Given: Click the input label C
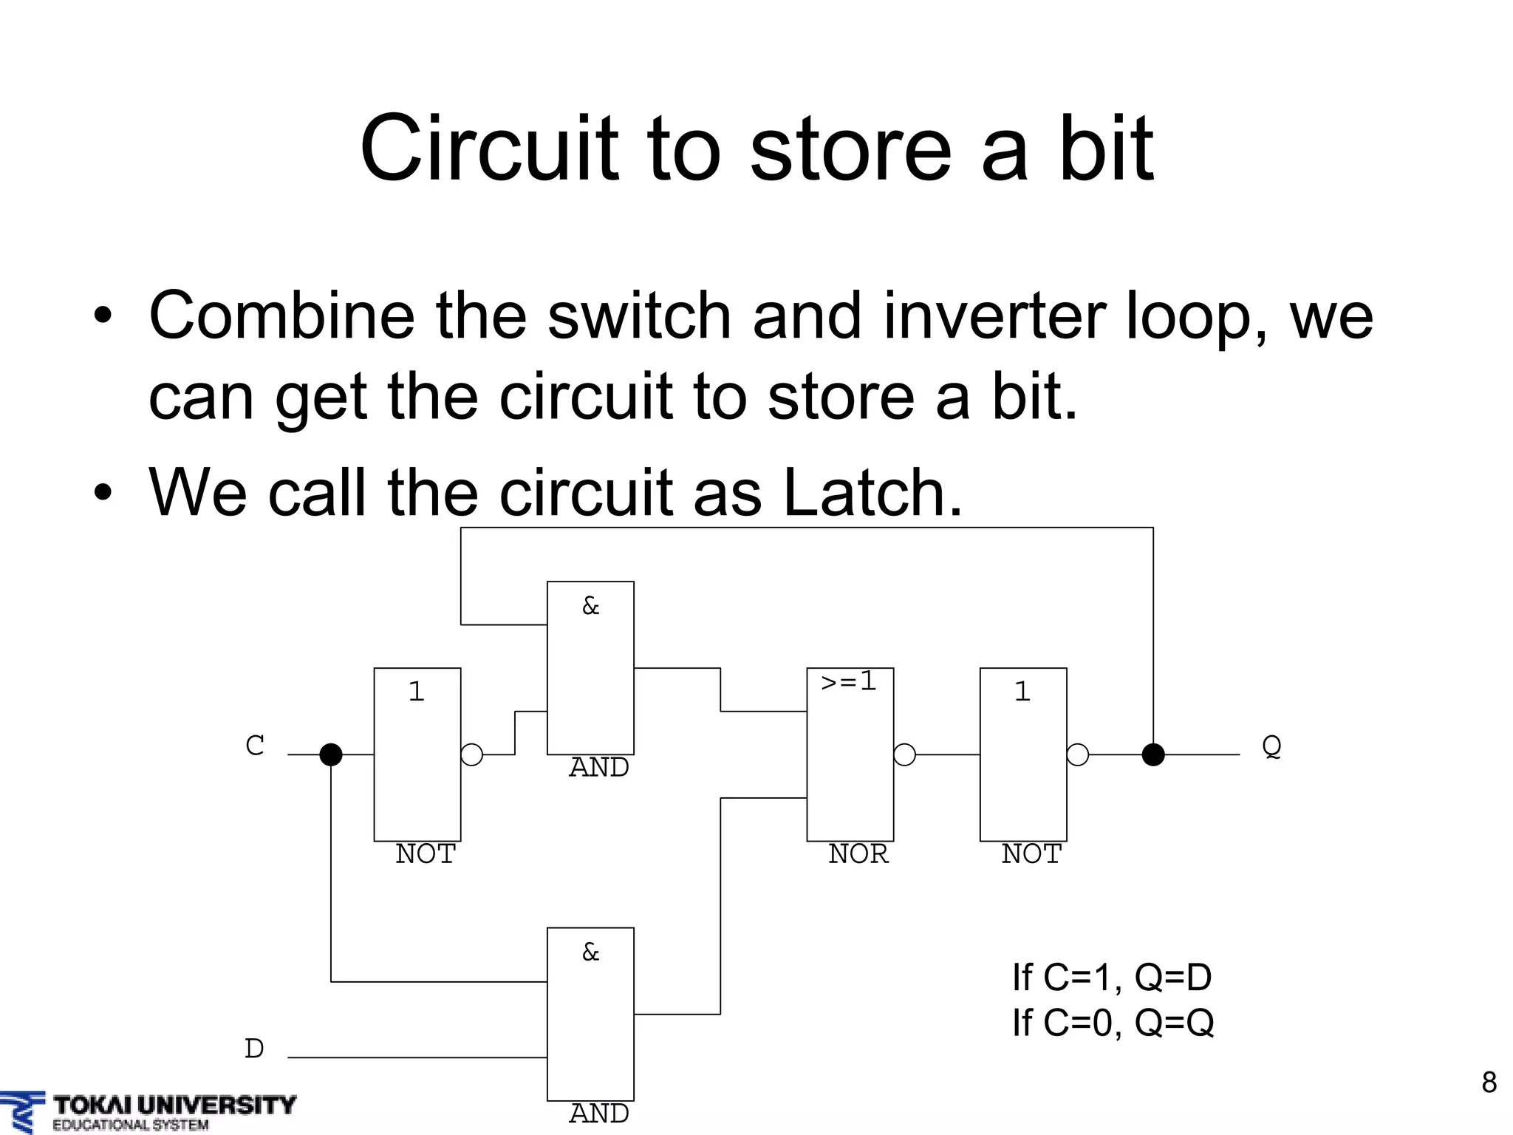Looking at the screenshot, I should [255, 746].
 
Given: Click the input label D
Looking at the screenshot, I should [254, 1049].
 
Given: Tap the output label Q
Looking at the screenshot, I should [1271, 746].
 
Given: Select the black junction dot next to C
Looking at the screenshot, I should [331, 754].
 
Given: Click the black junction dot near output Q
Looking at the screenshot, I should [1153, 754].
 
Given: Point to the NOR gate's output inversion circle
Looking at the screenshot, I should [904, 754].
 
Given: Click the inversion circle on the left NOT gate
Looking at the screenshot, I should [471, 754].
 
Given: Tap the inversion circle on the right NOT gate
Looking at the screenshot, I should [1078, 754].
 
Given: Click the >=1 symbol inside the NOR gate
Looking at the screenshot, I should [849, 681].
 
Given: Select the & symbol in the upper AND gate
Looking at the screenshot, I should [590, 607].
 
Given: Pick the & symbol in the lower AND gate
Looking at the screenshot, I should [590, 952].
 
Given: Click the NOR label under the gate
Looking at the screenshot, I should [858, 854].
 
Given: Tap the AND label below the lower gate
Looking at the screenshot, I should [598, 1113].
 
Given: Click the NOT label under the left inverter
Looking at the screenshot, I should [426, 854].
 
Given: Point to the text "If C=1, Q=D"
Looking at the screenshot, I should [1112, 978].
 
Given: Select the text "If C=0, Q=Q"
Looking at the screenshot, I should [1113, 1023].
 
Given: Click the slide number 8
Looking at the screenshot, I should [1489, 1083].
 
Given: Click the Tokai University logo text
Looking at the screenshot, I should [174, 1105].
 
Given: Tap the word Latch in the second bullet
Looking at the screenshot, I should [872, 493].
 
